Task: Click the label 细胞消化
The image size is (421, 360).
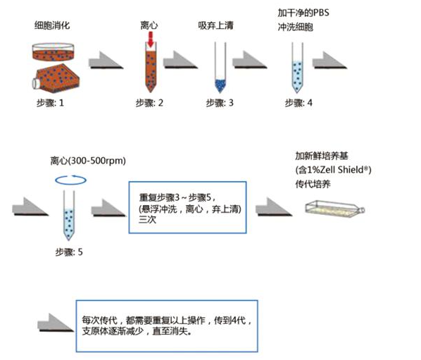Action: click(52, 25)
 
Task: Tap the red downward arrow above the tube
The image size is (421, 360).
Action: click(151, 39)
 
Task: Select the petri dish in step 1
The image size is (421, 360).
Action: click(54, 51)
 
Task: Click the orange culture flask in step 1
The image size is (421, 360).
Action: click(56, 78)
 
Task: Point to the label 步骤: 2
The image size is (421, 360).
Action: click(149, 103)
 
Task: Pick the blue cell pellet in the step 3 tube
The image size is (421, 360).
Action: click(220, 85)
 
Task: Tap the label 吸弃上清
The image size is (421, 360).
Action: click(216, 25)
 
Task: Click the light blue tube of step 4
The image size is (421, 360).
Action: click(297, 68)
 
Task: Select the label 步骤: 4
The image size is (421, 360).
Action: click(299, 103)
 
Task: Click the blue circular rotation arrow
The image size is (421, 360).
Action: click(70, 180)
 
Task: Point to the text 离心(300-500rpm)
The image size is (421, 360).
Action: click(88, 161)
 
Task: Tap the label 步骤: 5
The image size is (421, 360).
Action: click(69, 252)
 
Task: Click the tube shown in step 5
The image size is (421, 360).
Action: click(69, 216)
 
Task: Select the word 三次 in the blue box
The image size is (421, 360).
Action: click(147, 220)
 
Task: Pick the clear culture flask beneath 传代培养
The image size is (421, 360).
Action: click(335, 209)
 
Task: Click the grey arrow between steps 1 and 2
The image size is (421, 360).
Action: click(106, 60)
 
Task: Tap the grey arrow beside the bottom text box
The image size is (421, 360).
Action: click(56, 323)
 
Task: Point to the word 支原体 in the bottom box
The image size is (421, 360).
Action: click(95, 331)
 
